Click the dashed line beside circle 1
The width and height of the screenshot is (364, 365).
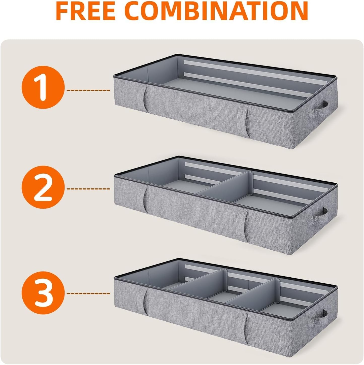click(88, 90)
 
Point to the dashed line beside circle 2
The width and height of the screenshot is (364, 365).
click(88, 189)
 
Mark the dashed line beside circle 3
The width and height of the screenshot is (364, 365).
click(88, 293)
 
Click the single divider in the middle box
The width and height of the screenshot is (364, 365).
click(227, 186)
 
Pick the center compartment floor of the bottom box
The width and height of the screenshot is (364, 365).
click(219, 297)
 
